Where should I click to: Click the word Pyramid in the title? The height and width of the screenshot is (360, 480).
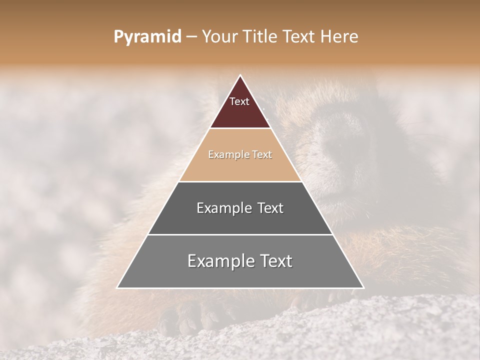147,37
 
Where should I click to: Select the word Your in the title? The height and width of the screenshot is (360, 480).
220,36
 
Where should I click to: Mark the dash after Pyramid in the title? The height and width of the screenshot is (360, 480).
191,37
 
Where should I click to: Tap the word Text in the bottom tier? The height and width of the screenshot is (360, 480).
274,261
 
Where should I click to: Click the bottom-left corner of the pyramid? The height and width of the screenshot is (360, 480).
117,287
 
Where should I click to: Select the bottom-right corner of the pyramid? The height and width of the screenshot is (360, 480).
363,287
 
